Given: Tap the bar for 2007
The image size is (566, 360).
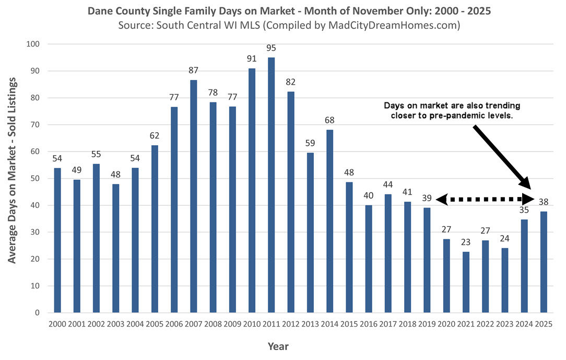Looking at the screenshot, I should coord(194,196).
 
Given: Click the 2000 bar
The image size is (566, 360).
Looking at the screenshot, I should coord(57,240).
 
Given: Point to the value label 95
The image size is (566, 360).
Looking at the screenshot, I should coord(271,49).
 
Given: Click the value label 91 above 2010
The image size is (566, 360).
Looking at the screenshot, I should coord(252,59).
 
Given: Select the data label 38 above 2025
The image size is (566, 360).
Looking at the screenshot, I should coord(543,202).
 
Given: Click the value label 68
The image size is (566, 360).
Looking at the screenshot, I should coord(329,120).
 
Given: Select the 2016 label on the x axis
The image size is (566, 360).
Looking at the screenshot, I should coord(368,324).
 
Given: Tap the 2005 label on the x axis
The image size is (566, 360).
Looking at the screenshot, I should coord(155,324).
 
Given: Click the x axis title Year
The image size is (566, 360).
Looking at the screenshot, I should coord(278,346).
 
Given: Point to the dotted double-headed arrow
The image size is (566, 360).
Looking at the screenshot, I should coord(484,199).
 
